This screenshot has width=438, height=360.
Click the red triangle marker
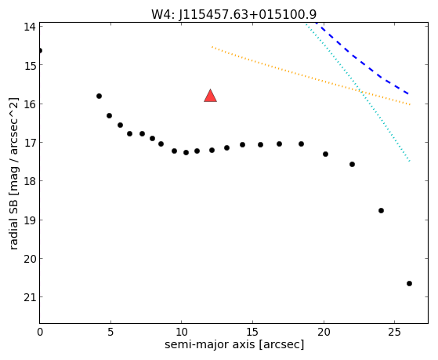click(x=210, y=96)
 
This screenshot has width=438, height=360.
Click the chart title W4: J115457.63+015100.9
click(x=233, y=14)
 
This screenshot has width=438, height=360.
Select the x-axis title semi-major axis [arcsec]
click(x=234, y=344)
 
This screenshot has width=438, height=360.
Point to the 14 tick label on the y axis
click(x=30, y=27)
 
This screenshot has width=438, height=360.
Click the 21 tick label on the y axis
click(x=30, y=297)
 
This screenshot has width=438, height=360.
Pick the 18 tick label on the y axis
click(x=30, y=181)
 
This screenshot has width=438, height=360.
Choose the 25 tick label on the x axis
click(x=394, y=332)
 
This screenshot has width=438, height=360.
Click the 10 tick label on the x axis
click(x=181, y=332)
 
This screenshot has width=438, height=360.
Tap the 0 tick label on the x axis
click(x=40, y=332)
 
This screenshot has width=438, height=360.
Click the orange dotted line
click(x=311, y=76)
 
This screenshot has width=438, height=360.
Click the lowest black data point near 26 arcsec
click(x=409, y=284)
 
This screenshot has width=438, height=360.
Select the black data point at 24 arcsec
click(x=381, y=211)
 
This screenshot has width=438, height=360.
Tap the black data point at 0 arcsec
click(x=40, y=51)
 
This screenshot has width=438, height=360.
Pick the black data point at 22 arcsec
click(x=353, y=164)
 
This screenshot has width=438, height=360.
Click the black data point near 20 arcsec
click(x=325, y=155)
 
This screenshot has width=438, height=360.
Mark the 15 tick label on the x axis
click(x=252, y=332)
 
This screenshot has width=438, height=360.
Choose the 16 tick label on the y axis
click(x=30, y=104)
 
